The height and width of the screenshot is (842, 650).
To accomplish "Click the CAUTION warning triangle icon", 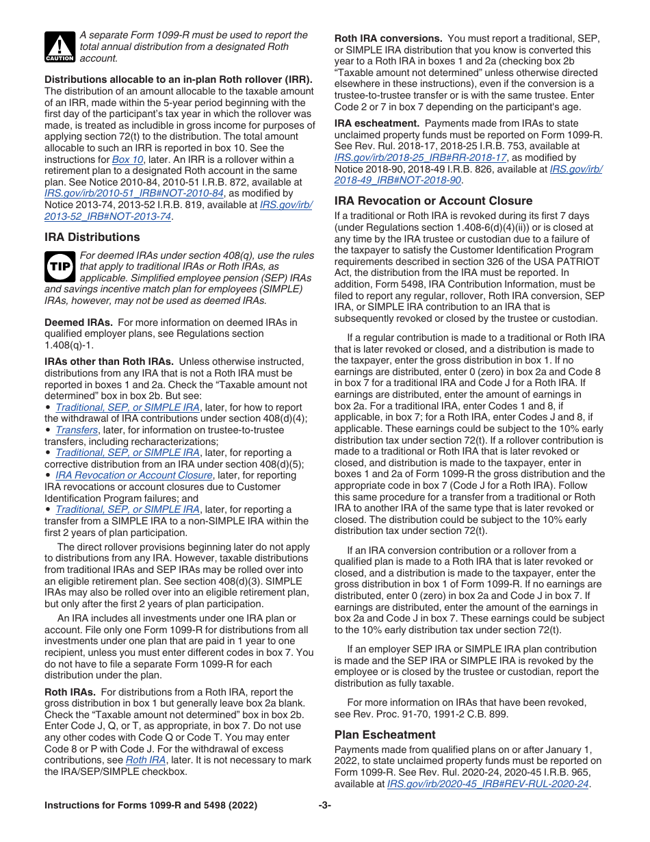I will [60, 47].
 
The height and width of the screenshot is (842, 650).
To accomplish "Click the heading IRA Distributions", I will [92, 237].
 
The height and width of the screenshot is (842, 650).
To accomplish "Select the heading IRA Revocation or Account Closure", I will [433, 201].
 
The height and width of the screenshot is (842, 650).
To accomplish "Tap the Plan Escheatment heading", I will [385, 735].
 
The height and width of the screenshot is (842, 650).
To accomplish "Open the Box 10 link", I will [128, 160].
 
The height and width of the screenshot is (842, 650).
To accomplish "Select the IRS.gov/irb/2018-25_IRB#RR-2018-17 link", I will [420, 157].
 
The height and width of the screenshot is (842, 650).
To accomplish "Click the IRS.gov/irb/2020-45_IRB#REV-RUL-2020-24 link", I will [488, 784].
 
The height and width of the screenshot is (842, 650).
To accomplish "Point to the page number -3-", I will [324, 806].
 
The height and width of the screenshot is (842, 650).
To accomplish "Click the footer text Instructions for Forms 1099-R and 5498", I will [151, 806].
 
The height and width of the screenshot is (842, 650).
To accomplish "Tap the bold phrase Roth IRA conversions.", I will [387, 38].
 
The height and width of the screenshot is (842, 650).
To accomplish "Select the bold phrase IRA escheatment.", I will [376, 123].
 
